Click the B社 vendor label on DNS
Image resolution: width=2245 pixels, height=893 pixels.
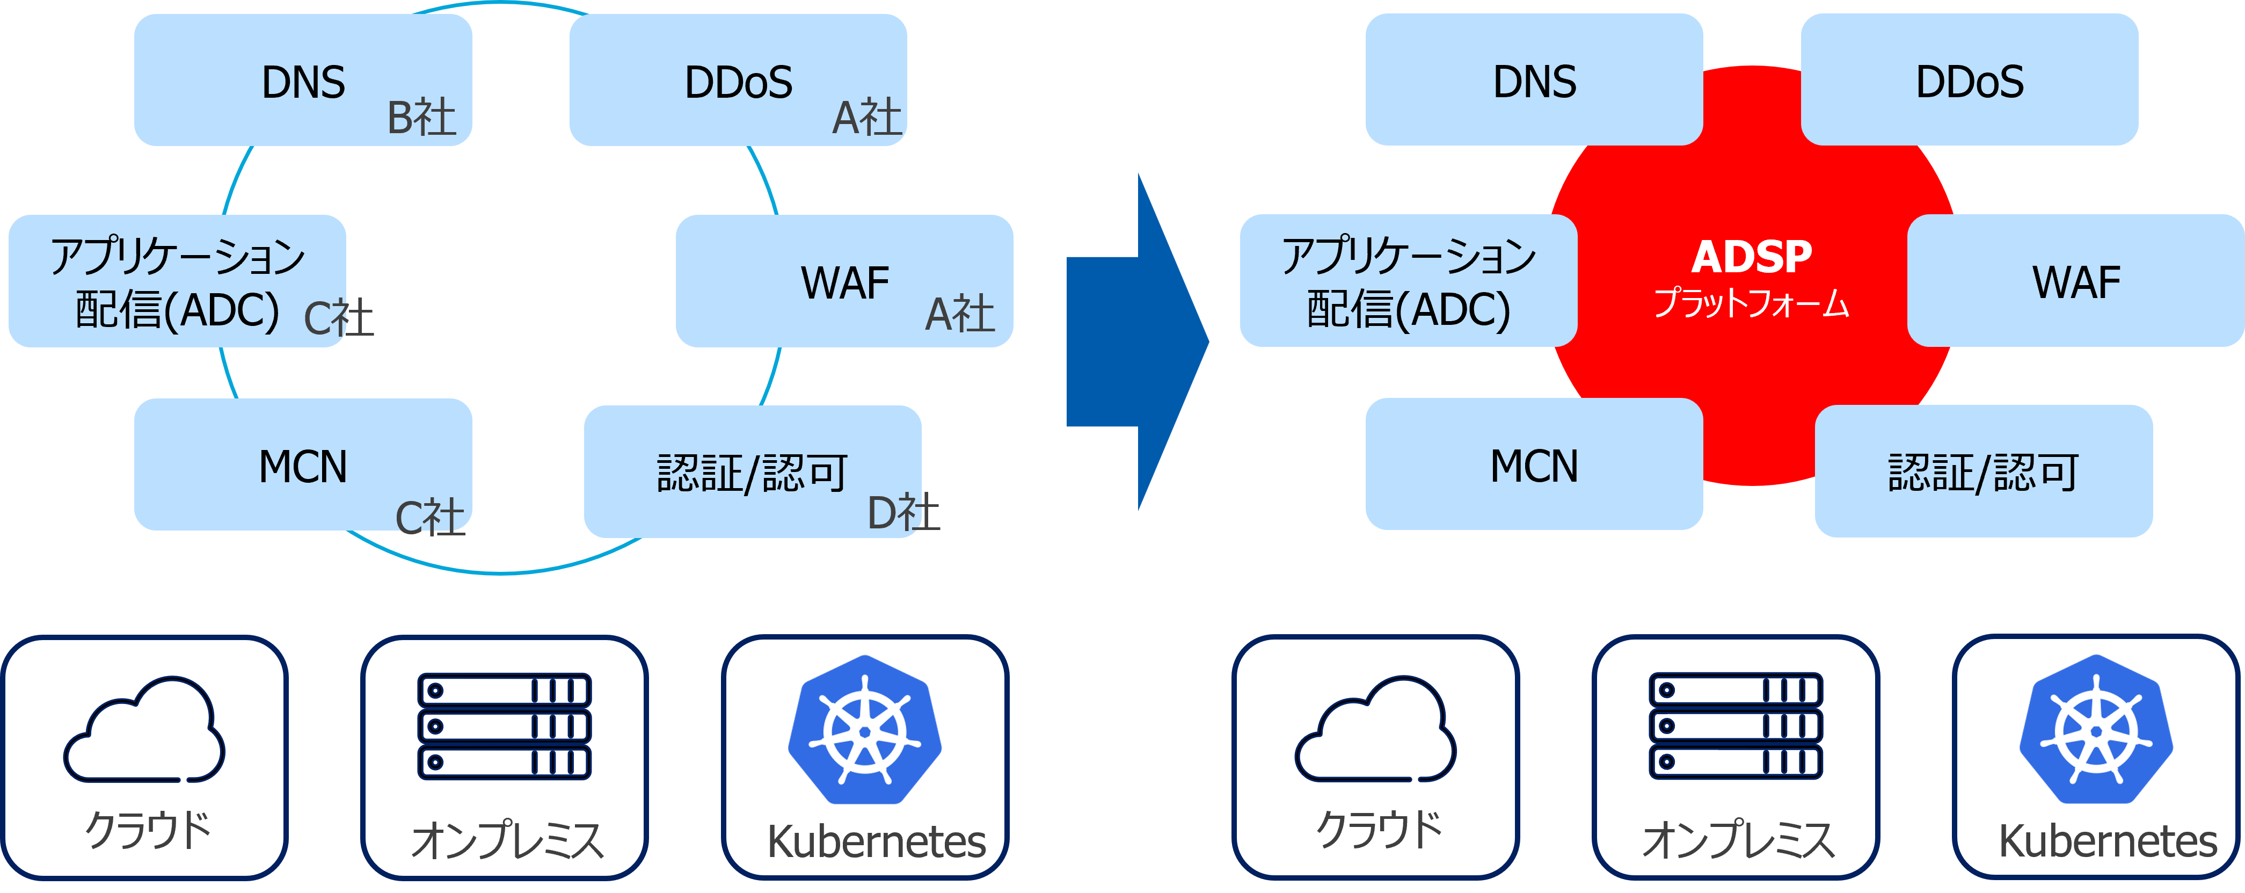point(422,117)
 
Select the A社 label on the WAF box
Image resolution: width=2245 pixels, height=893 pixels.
point(959,314)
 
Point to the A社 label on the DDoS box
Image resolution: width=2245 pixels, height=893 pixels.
point(867,117)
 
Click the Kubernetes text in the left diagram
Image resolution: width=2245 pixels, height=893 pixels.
point(876,841)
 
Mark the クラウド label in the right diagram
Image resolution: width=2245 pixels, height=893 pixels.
point(1380,829)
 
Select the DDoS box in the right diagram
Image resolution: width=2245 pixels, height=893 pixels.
point(1970,80)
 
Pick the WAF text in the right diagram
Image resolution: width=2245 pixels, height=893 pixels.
point(2076,282)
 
